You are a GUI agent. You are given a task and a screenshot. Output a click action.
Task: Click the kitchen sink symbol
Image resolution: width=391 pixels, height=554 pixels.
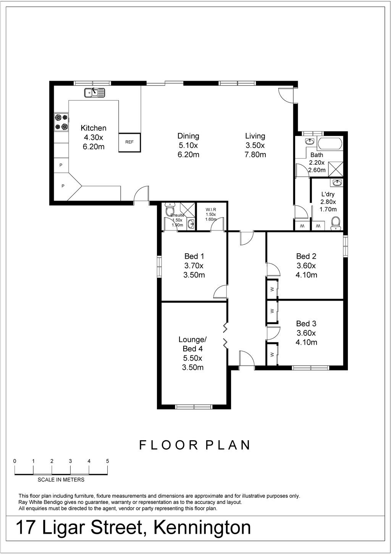[94, 92]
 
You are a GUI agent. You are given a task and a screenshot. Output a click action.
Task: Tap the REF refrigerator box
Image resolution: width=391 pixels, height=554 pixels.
[129, 143]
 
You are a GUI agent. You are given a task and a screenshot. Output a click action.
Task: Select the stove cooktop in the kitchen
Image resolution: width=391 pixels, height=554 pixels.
[61, 122]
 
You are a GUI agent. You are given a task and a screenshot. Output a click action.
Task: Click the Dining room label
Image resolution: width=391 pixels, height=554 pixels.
[188, 136]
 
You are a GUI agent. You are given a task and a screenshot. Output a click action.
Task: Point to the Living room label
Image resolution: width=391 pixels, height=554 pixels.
[255, 136]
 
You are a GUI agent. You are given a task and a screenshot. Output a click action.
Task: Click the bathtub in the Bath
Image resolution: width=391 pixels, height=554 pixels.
[330, 143]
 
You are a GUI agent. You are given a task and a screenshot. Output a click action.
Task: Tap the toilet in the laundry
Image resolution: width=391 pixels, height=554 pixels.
[335, 224]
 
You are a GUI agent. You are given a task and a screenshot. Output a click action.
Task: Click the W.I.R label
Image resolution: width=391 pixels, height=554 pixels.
[210, 209]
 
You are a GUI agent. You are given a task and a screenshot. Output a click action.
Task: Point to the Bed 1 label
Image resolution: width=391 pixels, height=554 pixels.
[194, 256]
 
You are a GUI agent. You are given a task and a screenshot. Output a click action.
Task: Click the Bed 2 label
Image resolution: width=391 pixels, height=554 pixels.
[306, 256]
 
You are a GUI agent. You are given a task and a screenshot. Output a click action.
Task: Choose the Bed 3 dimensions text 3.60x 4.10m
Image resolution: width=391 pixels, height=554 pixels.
[306, 338]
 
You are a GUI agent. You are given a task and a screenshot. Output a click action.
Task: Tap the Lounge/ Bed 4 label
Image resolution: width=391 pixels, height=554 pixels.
[193, 344]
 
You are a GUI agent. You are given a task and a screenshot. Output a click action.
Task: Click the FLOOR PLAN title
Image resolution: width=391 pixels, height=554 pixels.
[194, 445]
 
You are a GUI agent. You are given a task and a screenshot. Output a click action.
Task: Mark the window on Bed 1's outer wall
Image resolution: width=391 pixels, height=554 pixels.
[159, 266]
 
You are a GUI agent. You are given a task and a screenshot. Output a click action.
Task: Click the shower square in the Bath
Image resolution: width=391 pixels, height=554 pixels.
[336, 169]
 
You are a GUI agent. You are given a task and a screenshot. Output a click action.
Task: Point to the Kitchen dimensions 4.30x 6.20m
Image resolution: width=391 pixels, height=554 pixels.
[94, 142]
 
